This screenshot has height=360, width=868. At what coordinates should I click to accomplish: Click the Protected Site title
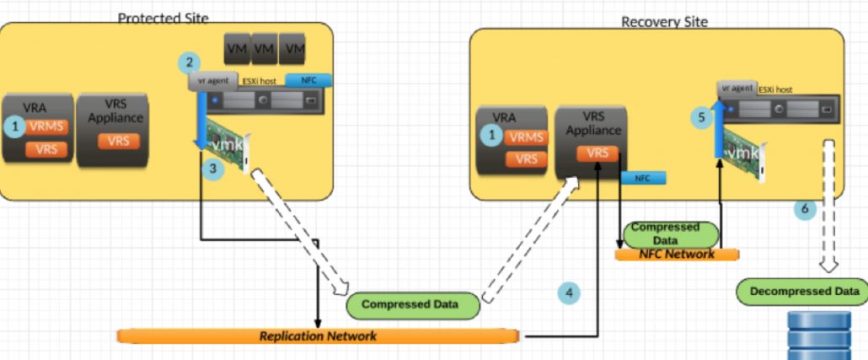(x=163, y=18)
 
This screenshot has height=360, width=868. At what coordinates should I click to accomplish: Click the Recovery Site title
(x=664, y=21)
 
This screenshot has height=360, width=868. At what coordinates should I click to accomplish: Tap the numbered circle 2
(x=190, y=62)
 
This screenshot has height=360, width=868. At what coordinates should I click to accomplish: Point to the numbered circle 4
(x=570, y=293)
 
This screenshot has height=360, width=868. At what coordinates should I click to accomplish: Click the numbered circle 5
(x=702, y=117)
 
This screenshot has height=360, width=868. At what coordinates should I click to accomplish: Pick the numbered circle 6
(x=805, y=208)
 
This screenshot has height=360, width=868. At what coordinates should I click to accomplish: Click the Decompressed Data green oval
(x=802, y=292)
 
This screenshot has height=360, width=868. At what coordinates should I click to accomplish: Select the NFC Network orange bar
(x=677, y=254)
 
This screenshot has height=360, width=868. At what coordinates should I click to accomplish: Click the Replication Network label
(x=318, y=336)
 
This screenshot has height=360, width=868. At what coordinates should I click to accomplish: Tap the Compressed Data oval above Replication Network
(x=410, y=304)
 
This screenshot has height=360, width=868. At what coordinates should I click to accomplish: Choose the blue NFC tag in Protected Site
(x=308, y=81)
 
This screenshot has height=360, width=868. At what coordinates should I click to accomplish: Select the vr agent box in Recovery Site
(x=736, y=88)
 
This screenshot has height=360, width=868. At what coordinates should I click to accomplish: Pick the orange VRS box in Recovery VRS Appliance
(x=597, y=154)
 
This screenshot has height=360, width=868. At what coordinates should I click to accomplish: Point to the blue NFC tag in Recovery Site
(x=643, y=178)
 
